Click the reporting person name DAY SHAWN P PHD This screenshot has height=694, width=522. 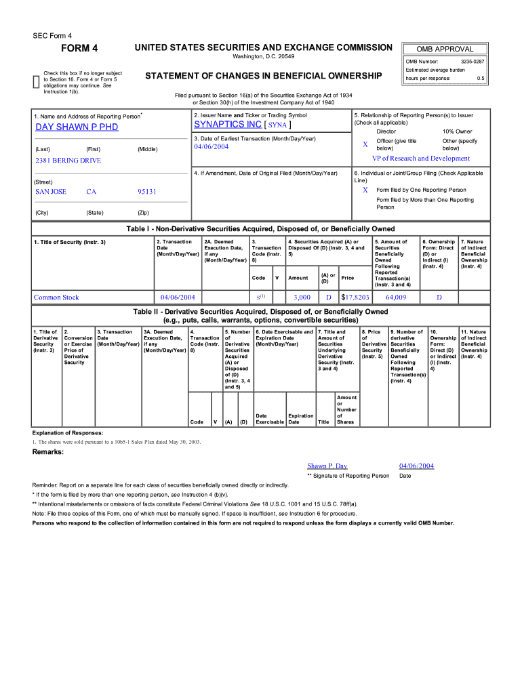tap(77, 127)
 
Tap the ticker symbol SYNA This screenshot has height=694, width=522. tap(277, 125)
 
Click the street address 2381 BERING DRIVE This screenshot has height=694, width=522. tap(68, 161)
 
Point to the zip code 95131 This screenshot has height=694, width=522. tap(147, 192)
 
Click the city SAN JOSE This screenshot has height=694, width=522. tap(51, 192)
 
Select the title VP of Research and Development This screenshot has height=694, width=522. tap(420, 159)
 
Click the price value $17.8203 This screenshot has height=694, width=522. tap(355, 297)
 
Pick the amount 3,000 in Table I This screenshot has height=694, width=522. tap(302, 297)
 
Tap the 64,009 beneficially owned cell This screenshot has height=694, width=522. tap(395, 297)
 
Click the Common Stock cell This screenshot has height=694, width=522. tap(56, 297)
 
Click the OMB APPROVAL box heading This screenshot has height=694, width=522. tap(445, 49)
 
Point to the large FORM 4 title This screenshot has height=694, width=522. tap(79, 48)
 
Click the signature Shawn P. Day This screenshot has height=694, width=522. tap(327, 466)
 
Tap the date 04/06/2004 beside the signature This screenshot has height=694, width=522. tap(416, 466)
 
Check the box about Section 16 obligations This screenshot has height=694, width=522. tap(37, 82)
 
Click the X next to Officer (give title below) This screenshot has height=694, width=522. tap(365, 144)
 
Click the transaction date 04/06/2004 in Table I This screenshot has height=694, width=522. tap(178, 297)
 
